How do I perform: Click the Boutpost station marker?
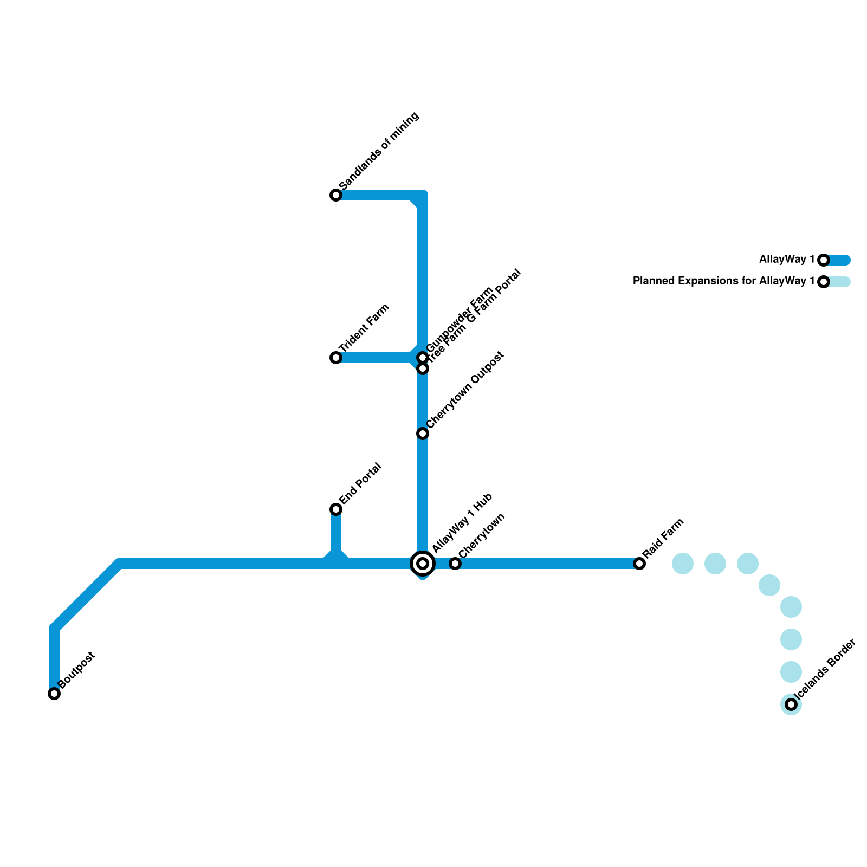(54, 694)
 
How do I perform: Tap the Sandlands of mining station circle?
(336, 195)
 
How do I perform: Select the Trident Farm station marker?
(336, 358)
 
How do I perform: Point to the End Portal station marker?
(336, 509)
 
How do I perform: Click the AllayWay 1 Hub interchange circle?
(423, 564)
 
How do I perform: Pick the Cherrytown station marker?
(455, 564)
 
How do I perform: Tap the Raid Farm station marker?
(639, 564)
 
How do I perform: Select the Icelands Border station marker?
(791, 704)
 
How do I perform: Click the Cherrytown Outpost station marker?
(423, 433)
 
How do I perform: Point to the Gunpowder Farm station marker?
(423, 357)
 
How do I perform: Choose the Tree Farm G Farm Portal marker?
(423, 369)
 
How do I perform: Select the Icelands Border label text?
(825, 670)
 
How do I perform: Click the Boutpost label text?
(77, 670)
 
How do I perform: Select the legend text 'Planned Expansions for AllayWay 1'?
(723, 281)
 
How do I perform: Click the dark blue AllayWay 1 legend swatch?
(839, 260)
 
